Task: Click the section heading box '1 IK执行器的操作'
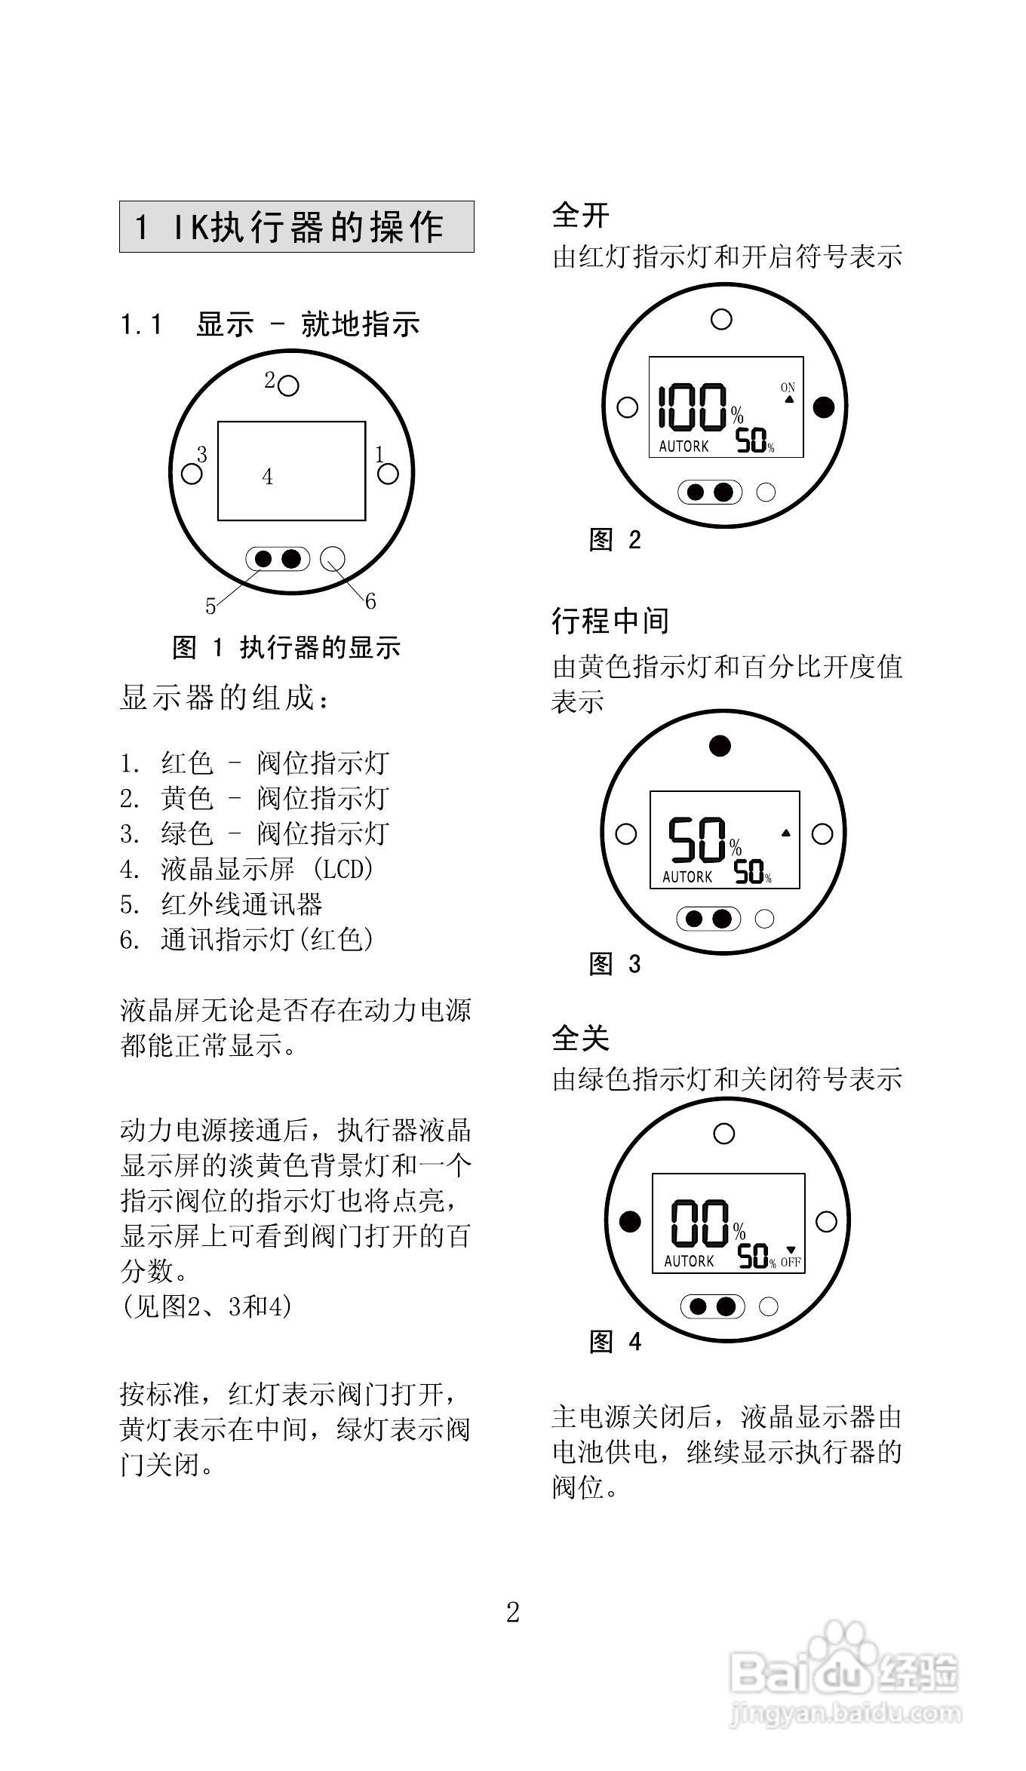pos(296,226)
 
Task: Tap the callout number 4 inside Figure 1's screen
pos(267,477)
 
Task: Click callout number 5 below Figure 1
pos(210,606)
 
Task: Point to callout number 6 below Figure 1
pos(370,601)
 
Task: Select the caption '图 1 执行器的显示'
pos(287,647)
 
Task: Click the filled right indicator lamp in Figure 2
pos(825,407)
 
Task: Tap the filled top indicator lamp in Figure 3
pos(720,746)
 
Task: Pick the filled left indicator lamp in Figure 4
pos(630,1221)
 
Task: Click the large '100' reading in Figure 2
pos(693,408)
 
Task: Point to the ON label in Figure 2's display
pos(788,388)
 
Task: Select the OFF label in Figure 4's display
pos(791,1263)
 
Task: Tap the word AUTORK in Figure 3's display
pos(687,877)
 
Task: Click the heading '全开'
pos(580,215)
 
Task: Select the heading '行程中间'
pos(610,621)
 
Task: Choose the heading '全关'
pos(580,1038)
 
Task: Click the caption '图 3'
pos(615,964)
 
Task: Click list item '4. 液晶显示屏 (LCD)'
pos(247,869)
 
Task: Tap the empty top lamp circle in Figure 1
pos(288,386)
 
